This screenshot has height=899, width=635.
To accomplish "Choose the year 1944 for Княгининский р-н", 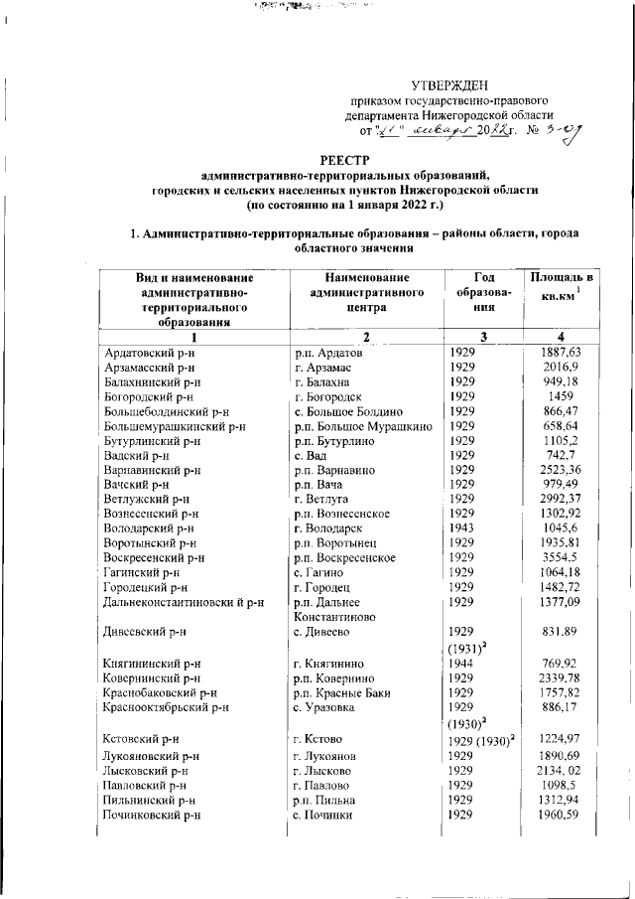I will tap(462, 663).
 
